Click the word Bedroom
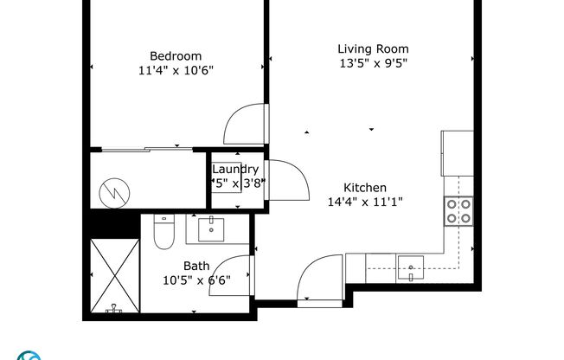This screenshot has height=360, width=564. coord(176,56)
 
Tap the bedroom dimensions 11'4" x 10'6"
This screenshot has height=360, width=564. coord(176,71)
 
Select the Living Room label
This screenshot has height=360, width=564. coord(373,48)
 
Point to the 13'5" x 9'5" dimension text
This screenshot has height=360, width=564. coord(373,63)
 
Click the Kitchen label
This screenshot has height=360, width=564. coord(365,188)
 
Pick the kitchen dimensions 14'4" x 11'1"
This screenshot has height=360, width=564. coord(365,202)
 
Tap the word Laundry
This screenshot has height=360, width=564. coord(235,170)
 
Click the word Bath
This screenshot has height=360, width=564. coord(195,267)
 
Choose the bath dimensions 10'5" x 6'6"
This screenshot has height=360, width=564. coord(195,280)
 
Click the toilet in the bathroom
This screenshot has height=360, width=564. coord(163,232)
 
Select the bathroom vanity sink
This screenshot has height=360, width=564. coord(212,229)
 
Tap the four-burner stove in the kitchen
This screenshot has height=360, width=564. coord(458,210)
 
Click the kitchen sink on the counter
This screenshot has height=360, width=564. coord(409,262)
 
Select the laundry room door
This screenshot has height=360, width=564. coord(285,180)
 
